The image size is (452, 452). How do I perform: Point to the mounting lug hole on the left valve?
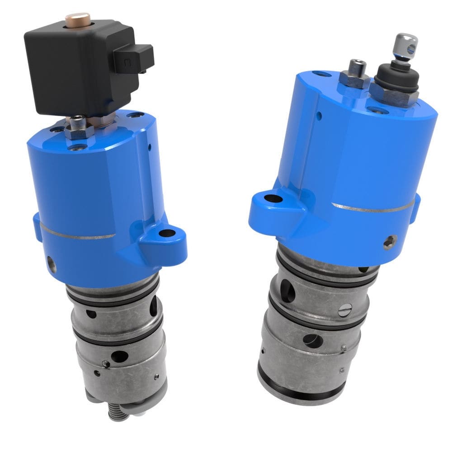(167, 234)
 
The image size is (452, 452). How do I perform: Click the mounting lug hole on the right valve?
(271, 198)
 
